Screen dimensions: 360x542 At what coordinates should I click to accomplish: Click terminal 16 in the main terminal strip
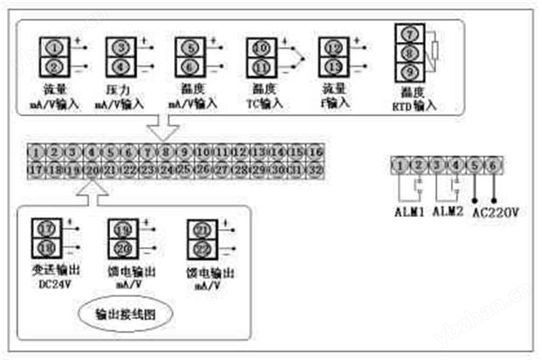point(316,151)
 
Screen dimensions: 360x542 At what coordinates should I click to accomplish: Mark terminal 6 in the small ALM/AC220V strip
point(495,164)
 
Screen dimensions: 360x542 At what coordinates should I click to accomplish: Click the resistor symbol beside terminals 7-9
point(434,51)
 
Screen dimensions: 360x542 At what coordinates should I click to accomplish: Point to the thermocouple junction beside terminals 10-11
point(300,56)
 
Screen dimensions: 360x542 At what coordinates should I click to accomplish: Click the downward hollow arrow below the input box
point(162,128)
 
